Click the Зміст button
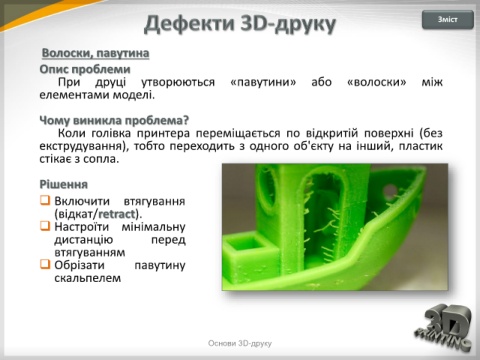coord(448,20)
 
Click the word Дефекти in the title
coord(190,24)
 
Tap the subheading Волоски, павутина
coord(95,53)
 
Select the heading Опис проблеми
coord(85,69)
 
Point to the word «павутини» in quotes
coord(263,82)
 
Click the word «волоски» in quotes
coord(377,82)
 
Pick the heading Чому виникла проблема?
coord(114,120)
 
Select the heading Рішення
coord(64,184)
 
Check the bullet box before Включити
coord(45,200)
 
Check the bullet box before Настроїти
coord(45,226)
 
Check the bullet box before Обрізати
coord(45,264)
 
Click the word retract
coord(117,214)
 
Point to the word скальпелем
coord(88,278)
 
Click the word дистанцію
coord(84,240)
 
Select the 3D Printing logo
coord(443,328)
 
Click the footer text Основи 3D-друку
coord(240,343)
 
